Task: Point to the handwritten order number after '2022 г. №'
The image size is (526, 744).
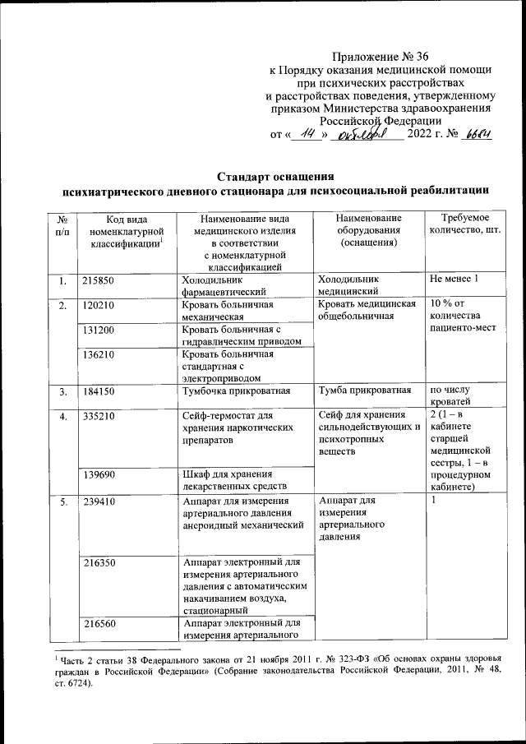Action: pos(476,135)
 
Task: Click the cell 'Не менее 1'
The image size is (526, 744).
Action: pos(454,281)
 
